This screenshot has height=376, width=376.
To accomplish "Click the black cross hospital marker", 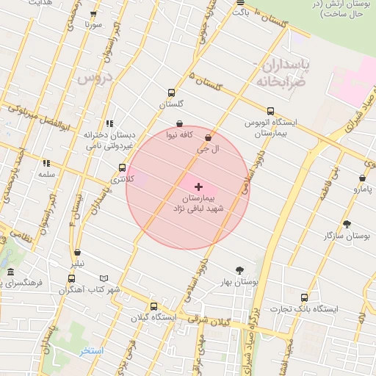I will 198,187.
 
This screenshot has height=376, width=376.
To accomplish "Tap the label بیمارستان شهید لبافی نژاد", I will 207,203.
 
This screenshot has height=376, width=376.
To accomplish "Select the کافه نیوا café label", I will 180,135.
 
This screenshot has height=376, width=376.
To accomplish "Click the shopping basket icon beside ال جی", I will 209,137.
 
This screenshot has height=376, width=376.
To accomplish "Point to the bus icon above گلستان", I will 171,93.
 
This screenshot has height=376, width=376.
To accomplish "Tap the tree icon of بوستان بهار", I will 239,270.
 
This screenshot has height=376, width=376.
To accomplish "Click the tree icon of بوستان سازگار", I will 347,224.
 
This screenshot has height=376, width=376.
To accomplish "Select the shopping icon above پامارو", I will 363,178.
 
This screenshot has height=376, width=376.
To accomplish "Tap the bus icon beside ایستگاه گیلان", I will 153,306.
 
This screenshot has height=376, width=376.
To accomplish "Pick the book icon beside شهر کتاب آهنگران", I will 104,278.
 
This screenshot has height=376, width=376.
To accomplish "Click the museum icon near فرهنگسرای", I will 10,273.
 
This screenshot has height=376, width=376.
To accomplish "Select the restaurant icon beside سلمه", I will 46,164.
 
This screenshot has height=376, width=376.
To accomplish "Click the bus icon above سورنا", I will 93,14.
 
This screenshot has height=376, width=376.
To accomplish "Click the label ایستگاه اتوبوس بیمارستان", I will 269,127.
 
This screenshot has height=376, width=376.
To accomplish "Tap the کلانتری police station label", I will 123,178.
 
